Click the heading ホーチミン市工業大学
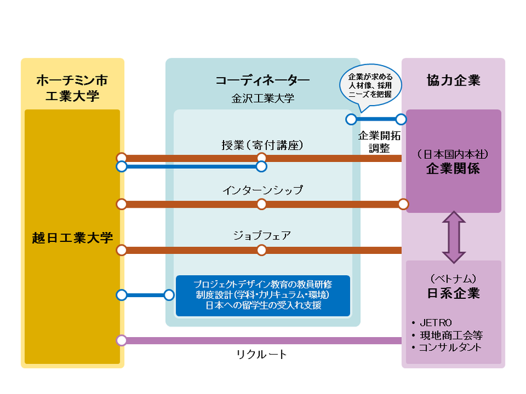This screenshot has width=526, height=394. coord(72,88)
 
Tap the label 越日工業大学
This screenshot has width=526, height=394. coord(72,238)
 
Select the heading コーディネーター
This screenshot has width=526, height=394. coord(262,81)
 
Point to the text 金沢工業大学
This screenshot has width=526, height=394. coord(262,98)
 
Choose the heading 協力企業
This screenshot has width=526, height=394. coord(453,80)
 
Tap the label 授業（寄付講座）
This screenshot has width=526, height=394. coord(262,145)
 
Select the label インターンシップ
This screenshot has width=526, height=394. coord(262,189)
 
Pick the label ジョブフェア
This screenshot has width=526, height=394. coord(262,236)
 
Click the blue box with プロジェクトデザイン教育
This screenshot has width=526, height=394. coord(262,295)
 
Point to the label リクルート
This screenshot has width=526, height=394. coord(262,355)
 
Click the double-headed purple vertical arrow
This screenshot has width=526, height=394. coord(454,236)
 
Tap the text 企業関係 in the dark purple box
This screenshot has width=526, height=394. coord(453,169)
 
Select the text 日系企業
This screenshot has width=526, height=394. coord(453,293)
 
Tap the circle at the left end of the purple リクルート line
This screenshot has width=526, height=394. coord(121,340)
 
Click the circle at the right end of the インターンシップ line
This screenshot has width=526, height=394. coord(403,204)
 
